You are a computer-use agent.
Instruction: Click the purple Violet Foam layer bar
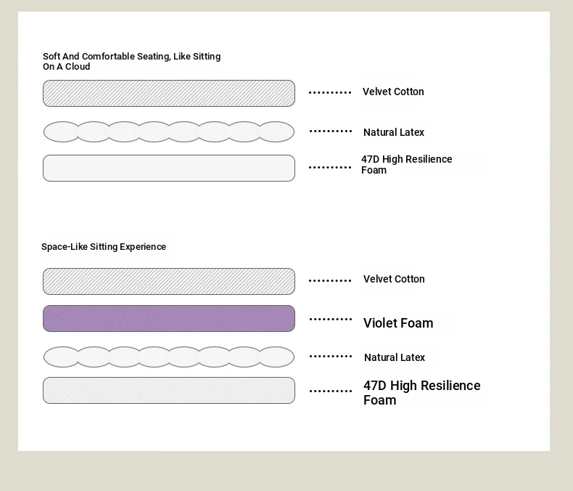tap(169, 318)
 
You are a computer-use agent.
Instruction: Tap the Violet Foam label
tap(398, 323)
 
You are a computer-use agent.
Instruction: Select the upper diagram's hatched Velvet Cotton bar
tap(169, 93)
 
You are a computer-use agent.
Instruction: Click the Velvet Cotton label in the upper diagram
tap(393, 92)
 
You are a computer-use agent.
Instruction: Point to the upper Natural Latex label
tap(394, 132)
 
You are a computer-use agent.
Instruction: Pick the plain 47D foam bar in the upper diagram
tap(169, 168)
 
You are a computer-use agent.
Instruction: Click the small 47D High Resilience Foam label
tap(406, 165)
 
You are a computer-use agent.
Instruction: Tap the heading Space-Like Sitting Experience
tap(104, 247)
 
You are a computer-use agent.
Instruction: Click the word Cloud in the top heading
tap(78, 67)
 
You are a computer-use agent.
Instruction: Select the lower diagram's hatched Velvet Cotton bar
tap(169, 281)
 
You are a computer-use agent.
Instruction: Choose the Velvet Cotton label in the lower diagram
tap(394, 279)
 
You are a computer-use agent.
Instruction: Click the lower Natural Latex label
tap(395, 357)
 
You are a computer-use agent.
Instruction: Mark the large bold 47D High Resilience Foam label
tap(421, 392)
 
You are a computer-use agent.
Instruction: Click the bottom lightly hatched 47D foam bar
tap(169, 390)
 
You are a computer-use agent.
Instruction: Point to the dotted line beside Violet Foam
tap(330, 320)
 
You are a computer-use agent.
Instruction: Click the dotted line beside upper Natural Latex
tap(330, 131)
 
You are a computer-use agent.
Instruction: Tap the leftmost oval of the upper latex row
tap(62, 131)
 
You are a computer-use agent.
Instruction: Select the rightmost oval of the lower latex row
tap(276, 357)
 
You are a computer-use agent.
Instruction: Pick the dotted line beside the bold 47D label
tap(330, 391)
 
